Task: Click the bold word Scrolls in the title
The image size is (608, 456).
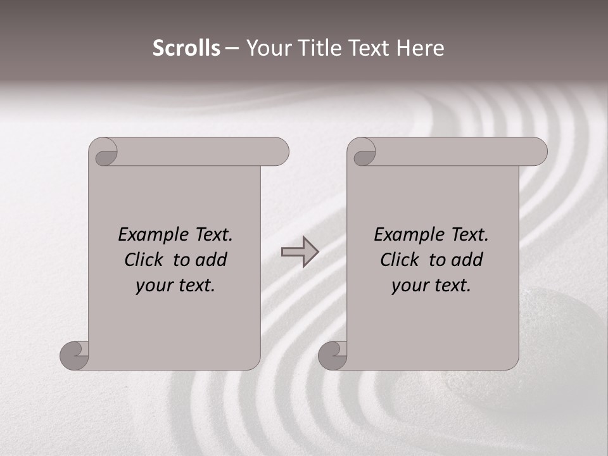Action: tap(186, 48)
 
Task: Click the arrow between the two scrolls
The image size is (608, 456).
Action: tap(300, 252)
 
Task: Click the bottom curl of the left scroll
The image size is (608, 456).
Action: tap(73, 355)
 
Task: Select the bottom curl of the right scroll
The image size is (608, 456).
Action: tap(332, 355)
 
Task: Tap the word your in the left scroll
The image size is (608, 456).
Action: tap(153, 286)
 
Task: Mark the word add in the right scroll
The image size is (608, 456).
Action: tap(465, 260)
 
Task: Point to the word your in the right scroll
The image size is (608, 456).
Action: tap(408, 286)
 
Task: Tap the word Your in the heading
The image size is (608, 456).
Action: tap(267, 48)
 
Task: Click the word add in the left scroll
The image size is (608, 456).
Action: tap(210, 260)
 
